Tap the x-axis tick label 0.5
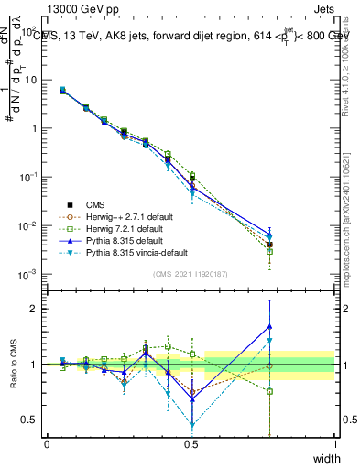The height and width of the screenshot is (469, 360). click(191, 444)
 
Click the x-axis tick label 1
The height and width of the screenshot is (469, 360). click(335, 444)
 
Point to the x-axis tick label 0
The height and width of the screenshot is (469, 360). click(47, 444)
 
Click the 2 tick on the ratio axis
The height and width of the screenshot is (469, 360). click(34, 309)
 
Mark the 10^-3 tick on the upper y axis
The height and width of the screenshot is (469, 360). click(28, 274)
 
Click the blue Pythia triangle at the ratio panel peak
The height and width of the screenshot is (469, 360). click(269, 326)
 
